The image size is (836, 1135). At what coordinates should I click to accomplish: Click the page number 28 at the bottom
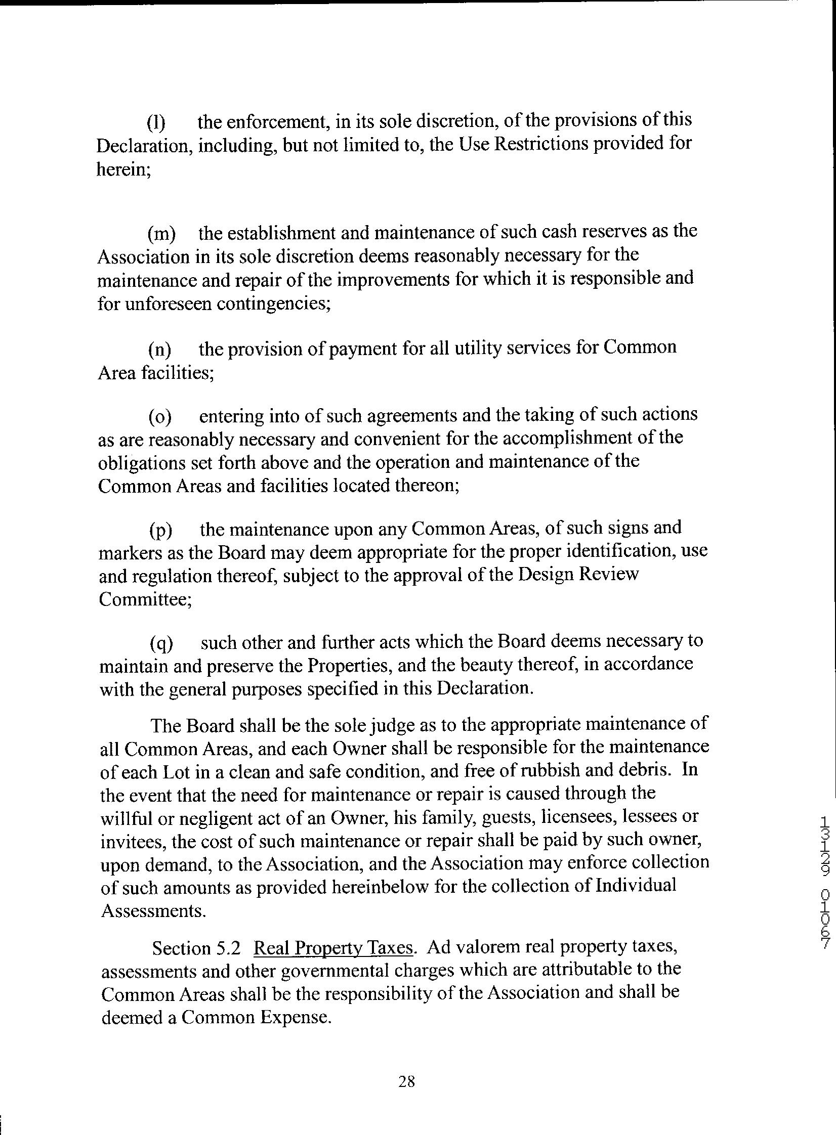pyautogui.click(x=406, y=1078)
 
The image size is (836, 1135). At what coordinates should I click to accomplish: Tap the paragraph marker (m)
pyautogui.click(x=161, y=234)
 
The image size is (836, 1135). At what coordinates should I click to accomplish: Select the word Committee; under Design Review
pyautogui.click(x=145, y=599)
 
